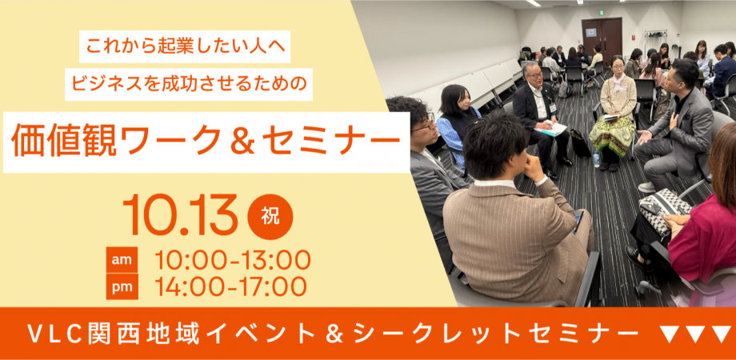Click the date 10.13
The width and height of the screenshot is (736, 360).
click(x=180, y=214)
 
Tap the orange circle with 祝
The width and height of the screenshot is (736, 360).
click(x=270, y=217)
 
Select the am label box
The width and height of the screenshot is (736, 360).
click(x=122, y=259)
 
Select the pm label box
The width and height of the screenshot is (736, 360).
click(x=122, y=286)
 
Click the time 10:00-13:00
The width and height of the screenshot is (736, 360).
click(x=233, y=260)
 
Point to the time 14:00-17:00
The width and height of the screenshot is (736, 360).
click(x=231, y=286)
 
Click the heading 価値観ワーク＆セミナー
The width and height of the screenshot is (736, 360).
click(x=202, y=140)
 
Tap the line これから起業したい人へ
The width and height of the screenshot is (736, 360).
click(x=185, y=46)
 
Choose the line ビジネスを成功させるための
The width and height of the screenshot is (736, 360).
click(x=189, y=84)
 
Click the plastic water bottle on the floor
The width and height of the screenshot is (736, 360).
click(x=596, y=159)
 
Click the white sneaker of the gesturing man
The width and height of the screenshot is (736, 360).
click(x=647, y=187)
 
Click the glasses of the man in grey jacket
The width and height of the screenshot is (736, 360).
click(x=426, y=123)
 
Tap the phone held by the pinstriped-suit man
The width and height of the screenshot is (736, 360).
click(x=578, y=221)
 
